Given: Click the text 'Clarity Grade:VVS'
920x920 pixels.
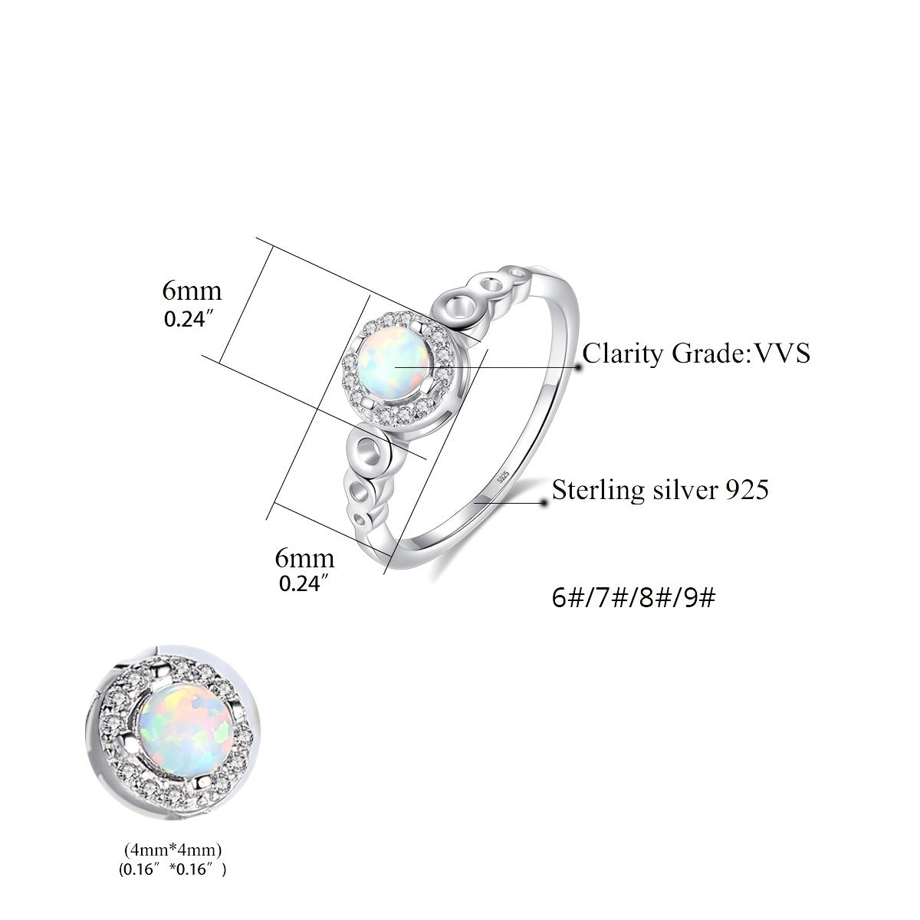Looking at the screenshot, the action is click(x=696, y=353).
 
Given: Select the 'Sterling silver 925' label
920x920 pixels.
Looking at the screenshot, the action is click(x=660, y=490).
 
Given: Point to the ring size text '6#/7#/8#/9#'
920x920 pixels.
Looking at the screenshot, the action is click(x=633, y=597).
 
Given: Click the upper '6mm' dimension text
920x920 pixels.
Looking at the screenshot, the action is click(x=192, y=291).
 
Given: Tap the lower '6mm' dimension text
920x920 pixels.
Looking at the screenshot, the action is click(x=304, y=558).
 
